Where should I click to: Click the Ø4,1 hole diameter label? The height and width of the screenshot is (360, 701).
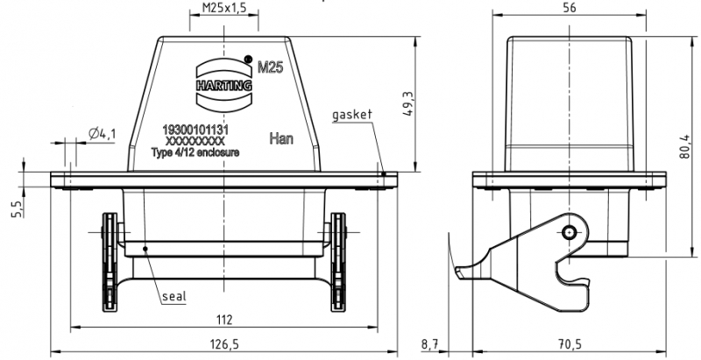click(x=102, y=134)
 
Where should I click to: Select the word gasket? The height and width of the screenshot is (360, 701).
click(x=353, y=116)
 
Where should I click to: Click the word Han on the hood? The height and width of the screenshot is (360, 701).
click(x=280, y=138)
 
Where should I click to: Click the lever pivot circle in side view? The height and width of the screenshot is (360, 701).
click(x=570, y=232)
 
